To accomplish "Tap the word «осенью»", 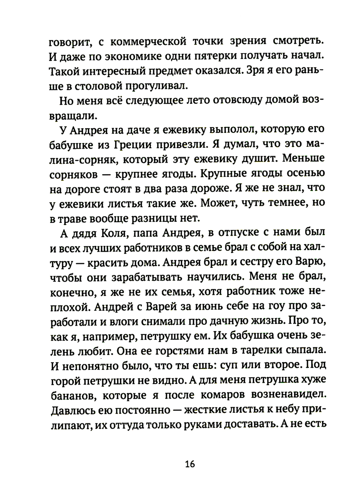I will click(x=305, y=173).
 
